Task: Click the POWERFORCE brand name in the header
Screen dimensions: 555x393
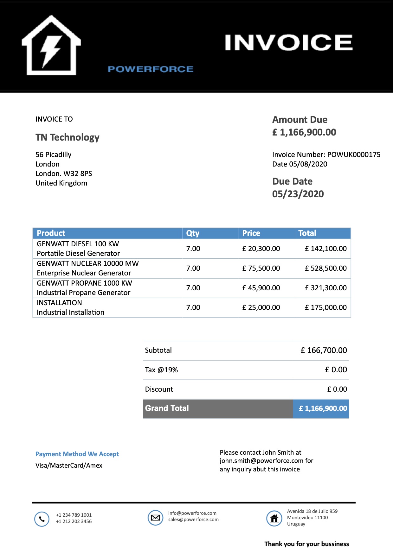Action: point(150,69)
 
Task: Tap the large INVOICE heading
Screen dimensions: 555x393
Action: point(288,43)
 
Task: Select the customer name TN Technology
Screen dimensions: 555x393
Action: point(68,137)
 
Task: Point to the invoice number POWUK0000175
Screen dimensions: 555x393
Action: point(354,155)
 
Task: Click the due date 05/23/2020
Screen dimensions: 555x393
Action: point(298,194)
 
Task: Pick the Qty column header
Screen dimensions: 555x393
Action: point(193,233)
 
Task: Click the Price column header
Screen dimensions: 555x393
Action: point(251,233)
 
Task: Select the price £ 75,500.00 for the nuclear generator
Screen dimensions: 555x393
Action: point(261,268)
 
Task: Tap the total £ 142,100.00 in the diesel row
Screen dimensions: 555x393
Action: point(326,249)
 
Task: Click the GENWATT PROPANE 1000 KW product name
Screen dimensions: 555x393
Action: point(84,283)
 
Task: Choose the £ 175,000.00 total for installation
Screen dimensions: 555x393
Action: point(326,308)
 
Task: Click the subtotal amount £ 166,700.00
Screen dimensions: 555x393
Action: point(324,350)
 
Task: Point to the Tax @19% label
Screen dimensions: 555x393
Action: point(161,370)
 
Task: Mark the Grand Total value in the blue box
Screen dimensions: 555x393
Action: point(323,409)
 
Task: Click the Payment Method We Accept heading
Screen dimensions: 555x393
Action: point(77,454)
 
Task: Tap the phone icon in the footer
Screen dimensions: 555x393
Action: point(42,519)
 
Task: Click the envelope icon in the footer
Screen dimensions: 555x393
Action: point(155,518)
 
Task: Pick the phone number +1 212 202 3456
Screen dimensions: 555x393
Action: point(74,521)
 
